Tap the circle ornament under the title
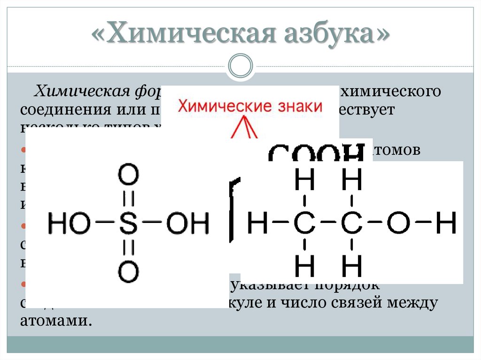[x=240, y=65]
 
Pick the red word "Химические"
[x=221, y=106]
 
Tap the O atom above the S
[x=128, y=176]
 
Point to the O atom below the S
[x=128, y=271]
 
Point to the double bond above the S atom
[x=128, y=199]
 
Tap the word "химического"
[x=390, y=91]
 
